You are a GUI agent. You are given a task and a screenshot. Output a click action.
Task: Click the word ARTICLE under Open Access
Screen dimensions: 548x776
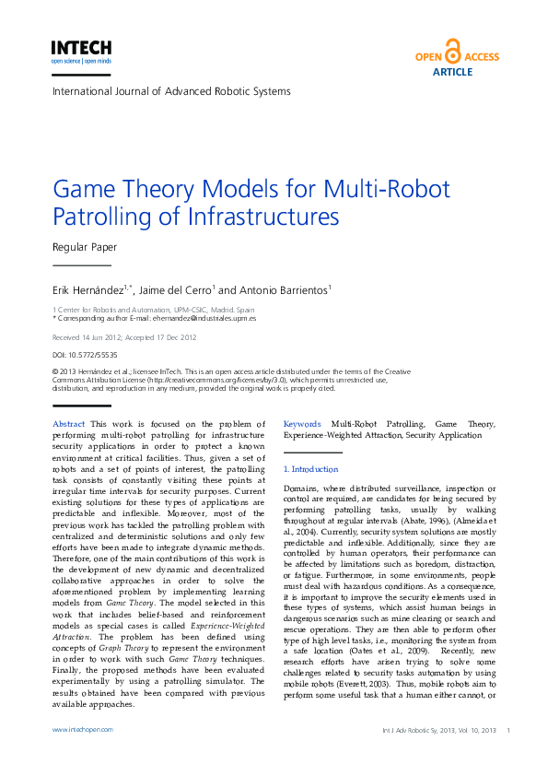(x=452, y=72)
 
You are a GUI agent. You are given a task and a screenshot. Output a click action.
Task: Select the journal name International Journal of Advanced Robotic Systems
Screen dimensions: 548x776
(x=171, y=91)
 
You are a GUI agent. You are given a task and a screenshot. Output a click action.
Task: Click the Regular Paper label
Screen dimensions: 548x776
(x=85, y=247)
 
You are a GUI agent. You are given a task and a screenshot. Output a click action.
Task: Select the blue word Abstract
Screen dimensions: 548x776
(x=69, y=424)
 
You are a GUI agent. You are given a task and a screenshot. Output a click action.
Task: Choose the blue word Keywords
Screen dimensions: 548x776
(x=301, y=424)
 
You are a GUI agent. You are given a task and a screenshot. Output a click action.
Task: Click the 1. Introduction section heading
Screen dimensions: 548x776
(x=311, y=470)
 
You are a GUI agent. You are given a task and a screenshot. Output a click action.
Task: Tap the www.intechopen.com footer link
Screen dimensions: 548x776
(x=83, y=729)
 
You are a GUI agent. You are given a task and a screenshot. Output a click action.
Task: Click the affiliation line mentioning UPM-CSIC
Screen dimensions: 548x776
(x=154, y=310)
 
